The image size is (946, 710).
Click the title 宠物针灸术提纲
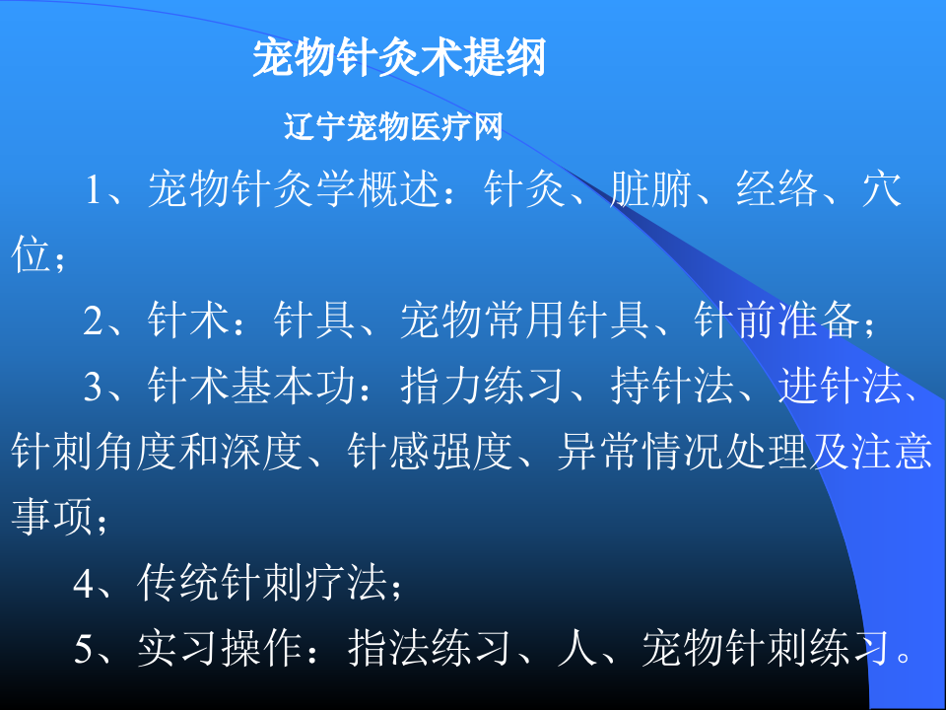click(x=399, y=59)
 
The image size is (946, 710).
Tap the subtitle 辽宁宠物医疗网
click(x=394, y=127)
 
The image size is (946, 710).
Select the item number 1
click(x=95, y=190)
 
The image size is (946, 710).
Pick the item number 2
click(x=95, y=322)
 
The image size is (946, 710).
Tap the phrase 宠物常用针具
click(x=524, y=322)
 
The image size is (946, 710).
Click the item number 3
click(x=95, y=389)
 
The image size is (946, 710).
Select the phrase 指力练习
click(x=483, y=389)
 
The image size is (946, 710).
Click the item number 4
click(x=85, y=586)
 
